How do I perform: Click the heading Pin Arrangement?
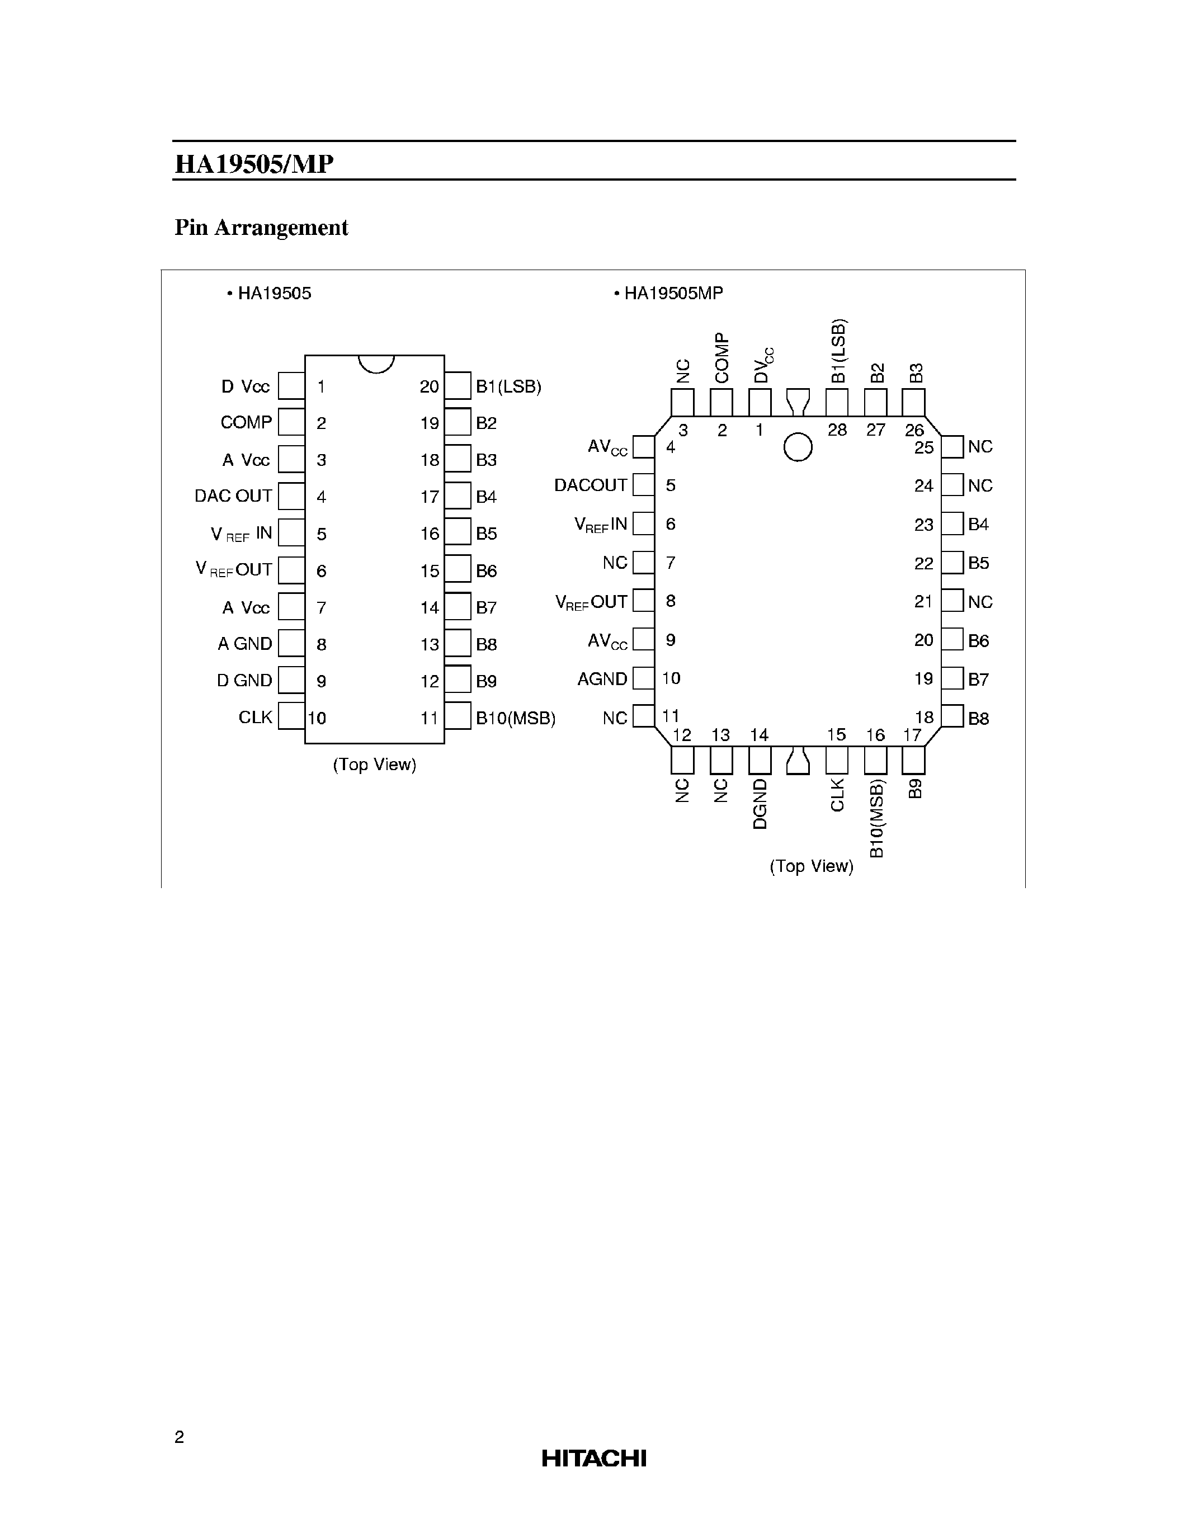pos(261,228)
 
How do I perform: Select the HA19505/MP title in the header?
pos(253,164)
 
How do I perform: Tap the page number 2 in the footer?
pos(179,1437)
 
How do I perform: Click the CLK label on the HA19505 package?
pos(255,717)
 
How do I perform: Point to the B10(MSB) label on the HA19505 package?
pos(516,718)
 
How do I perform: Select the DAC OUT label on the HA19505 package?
pos(233,496)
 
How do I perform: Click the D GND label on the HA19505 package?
pos(244,680)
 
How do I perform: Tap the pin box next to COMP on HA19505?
pos(291,422)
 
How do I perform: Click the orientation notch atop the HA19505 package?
pos(375,362)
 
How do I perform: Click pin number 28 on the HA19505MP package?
pos(837,430)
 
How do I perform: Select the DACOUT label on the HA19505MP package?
pos(590,485)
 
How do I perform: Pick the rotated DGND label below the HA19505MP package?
pos(759,804)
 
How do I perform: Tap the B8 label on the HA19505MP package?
pos(978,718)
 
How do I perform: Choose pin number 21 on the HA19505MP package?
pos(923,601)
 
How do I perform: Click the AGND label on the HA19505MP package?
pos(602,679)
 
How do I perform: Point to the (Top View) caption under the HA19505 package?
pos(374,764)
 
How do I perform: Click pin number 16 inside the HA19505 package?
pos(430,534)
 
